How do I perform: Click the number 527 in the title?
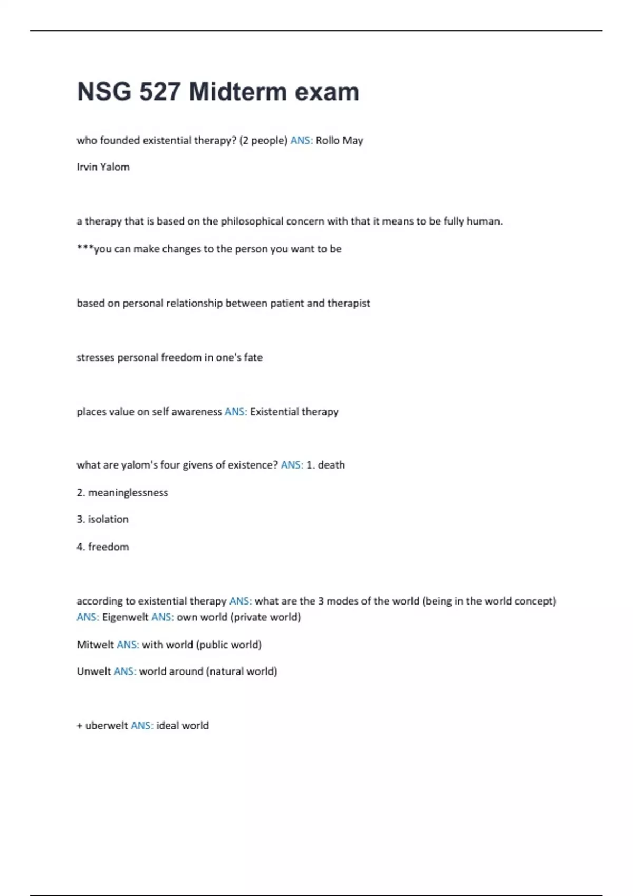coord(160,92)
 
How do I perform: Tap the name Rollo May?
coord(339,140)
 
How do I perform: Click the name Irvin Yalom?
coord(103,167)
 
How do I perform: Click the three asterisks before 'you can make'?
coord(85,248)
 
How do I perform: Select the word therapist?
coord(349,303)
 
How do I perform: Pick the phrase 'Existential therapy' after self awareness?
coord(294,412)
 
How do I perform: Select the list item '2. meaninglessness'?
coord(122,492)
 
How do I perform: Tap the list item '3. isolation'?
coord(103,519)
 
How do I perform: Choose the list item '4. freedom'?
coord(103,547)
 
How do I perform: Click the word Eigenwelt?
coord(125,617)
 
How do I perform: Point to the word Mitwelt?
coord(95,645)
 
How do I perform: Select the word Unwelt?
coord(94,671)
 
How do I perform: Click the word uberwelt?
coord(107,726)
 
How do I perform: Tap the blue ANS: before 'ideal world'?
coord(142,726)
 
